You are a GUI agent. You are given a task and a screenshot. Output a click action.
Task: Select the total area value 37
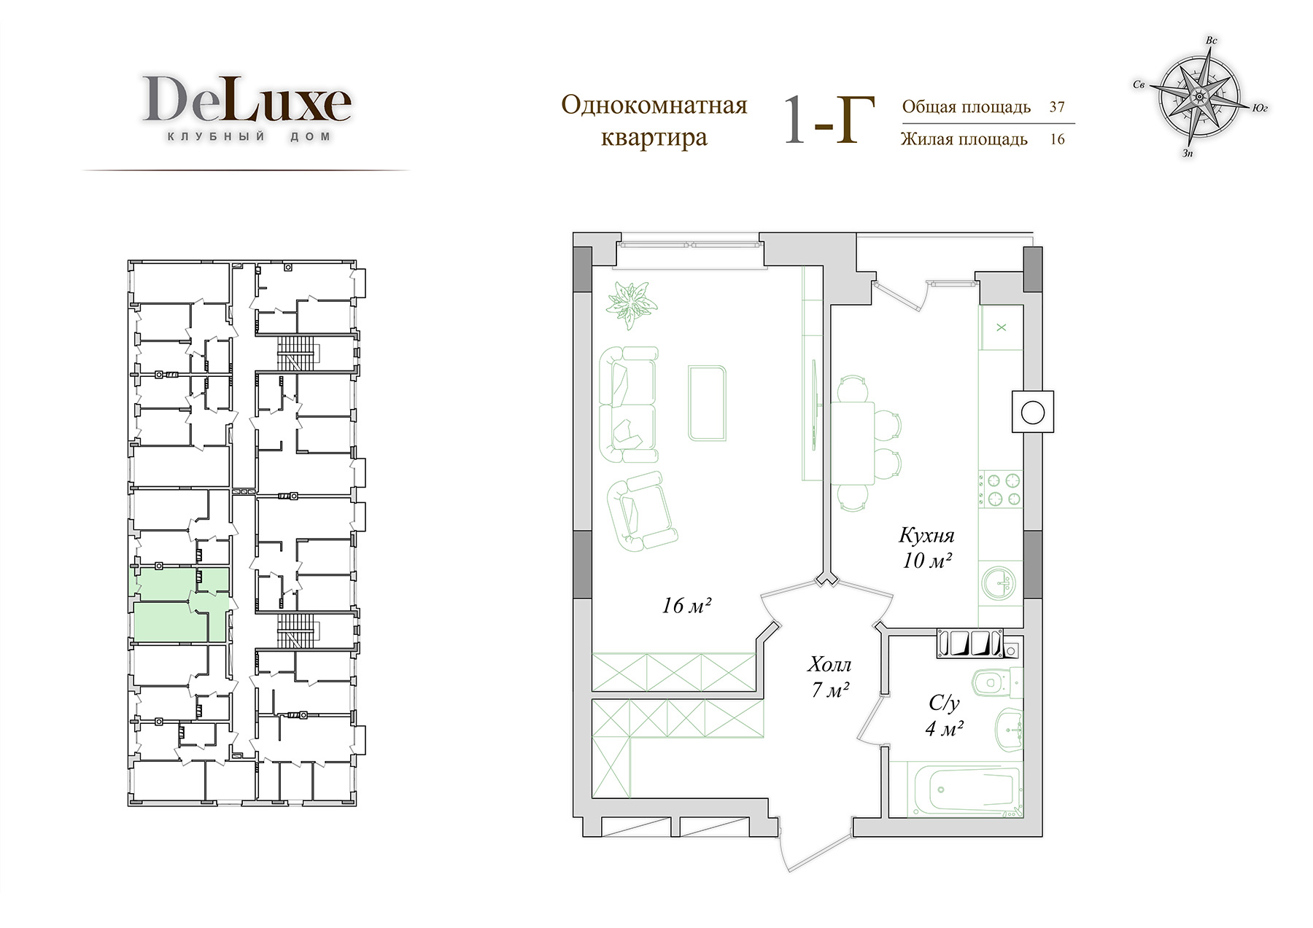coord(1057,106)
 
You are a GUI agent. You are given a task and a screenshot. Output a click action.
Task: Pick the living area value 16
coord(1057,139)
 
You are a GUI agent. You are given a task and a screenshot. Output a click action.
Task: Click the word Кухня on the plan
coord(926,536)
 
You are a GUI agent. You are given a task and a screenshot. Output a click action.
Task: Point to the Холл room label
coord(829,665)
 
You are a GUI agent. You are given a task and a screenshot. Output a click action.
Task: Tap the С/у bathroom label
coord(944,703)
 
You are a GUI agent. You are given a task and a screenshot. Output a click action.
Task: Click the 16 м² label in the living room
coord(686,605)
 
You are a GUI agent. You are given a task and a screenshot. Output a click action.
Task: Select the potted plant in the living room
coord(631,300)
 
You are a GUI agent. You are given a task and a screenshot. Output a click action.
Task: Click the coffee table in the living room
coord(708,403)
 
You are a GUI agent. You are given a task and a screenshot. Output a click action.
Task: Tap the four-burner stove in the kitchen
coord(1000,490)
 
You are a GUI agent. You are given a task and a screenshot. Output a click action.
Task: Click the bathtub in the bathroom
coord(956,789)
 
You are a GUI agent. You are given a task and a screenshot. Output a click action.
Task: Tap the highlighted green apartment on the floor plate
coord(180,605)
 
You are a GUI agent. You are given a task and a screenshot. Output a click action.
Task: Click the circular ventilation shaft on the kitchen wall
coord(1032,413)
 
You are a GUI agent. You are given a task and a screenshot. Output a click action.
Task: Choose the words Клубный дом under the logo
coord(249,136)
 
